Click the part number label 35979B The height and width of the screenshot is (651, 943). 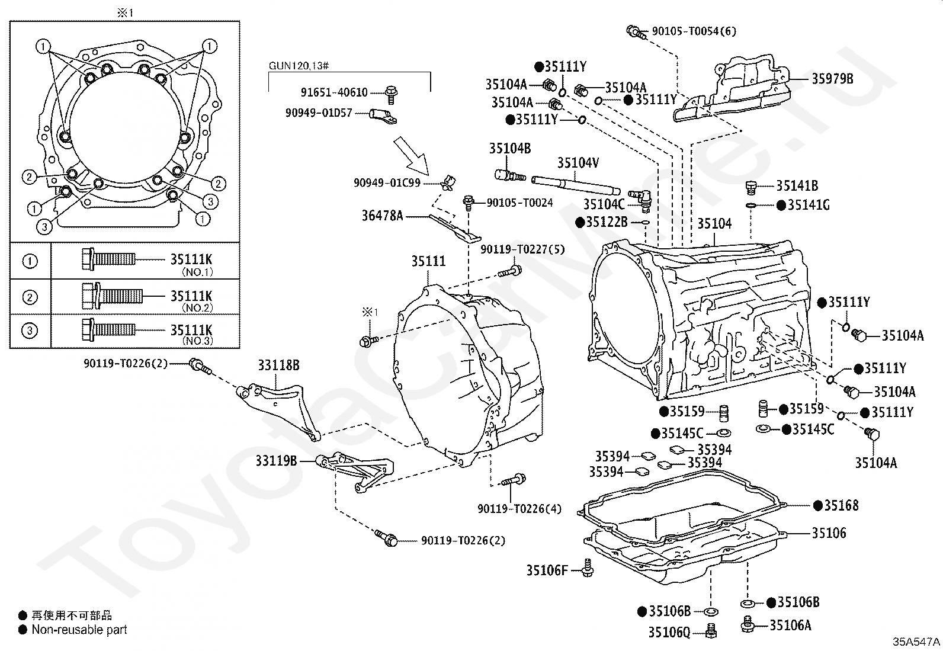click(832, 79)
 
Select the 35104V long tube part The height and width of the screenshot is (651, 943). click(576, 185)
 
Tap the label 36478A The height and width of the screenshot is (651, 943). click(382, 216)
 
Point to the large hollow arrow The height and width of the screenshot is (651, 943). click(411, 156)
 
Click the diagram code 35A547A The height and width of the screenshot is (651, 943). click(916, 642)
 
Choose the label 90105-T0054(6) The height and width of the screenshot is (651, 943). click(694, 31)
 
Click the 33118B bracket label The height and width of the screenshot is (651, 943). click(278, 365)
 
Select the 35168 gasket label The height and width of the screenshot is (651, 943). click(841, 505)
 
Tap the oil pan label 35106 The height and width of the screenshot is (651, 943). click(829, 533)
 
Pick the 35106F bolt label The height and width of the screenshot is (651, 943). click(547, 570)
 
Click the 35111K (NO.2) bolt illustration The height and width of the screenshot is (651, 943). click(113, 296)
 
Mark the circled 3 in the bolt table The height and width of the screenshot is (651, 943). click(30, 331)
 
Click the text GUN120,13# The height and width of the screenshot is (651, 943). click(299, 66)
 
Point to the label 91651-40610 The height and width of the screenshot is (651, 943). click(334, 92)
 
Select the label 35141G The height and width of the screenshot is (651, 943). click(809, 205)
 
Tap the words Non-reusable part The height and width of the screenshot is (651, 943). click(79, 630)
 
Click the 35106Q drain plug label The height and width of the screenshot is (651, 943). click(669, 633)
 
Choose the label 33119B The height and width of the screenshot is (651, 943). click(276, 461)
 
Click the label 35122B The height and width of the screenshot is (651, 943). click(607, 222)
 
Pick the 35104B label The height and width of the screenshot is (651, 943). click(510, 148)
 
